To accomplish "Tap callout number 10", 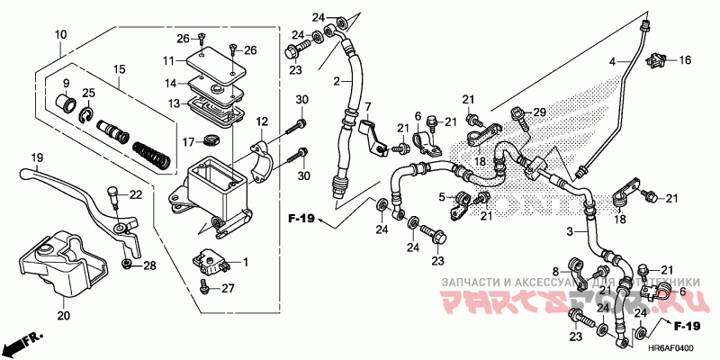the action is [60, 35].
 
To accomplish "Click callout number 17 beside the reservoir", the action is [188, 141].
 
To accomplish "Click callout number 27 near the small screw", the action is [228, 289].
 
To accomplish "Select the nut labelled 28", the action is [128, 264].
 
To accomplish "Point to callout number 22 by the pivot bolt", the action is [136, 195].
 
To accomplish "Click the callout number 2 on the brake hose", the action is [337, 82].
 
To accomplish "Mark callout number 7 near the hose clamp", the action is [367, 107].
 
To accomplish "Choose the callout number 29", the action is [539, 112].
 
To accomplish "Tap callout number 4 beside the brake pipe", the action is [611, 61].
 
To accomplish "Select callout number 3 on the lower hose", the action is [569, 233].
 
